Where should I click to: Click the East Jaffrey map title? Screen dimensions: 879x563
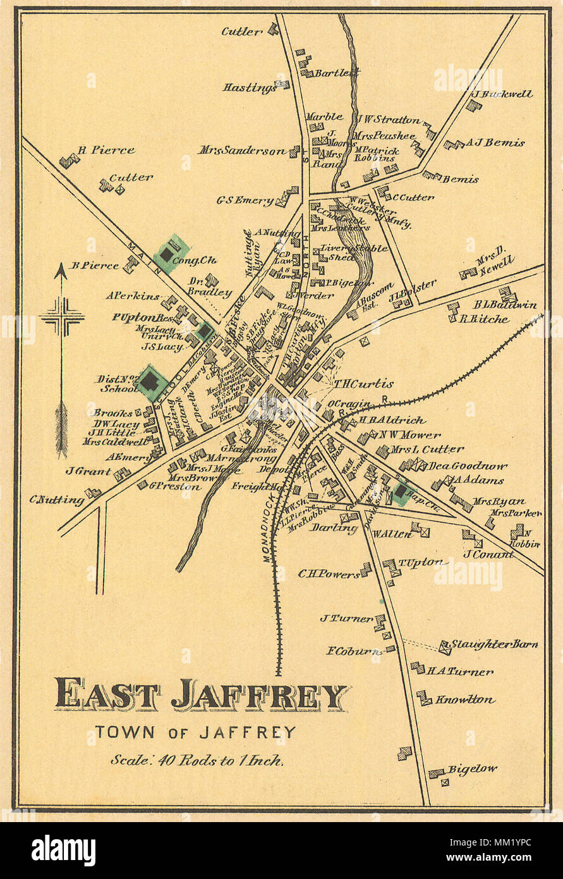[201, 695]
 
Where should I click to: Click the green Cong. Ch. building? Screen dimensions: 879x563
[167, 254]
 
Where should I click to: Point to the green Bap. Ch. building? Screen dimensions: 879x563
[401, 491]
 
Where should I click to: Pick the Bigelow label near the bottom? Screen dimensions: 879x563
[472, 770]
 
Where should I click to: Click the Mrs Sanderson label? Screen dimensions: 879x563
[242, 151]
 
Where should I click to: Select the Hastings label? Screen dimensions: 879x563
[248, 87]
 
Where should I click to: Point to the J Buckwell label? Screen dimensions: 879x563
[502, 94]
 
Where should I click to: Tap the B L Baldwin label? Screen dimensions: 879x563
[505, 305]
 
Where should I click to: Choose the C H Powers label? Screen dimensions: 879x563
[328, 574]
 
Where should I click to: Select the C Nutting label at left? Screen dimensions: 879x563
[57, 500]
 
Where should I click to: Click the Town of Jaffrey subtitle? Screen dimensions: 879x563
[195, 732]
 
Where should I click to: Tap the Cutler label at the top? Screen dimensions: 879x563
[241, 31]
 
